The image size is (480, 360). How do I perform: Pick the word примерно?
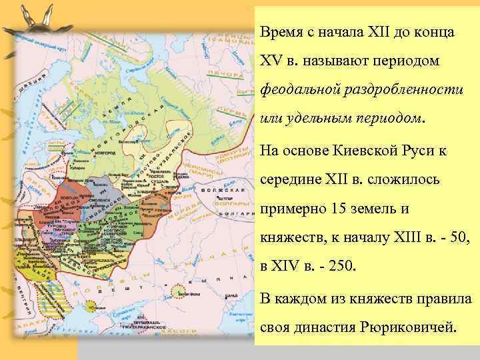(290, 209)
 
